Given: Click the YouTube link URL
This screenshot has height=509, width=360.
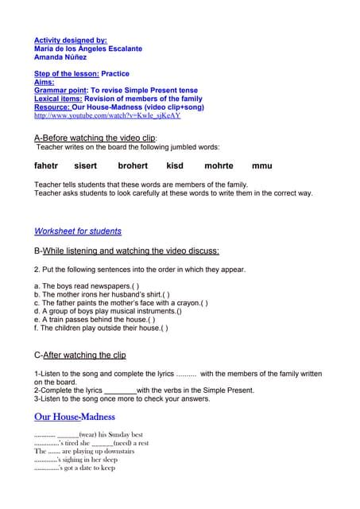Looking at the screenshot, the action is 107,115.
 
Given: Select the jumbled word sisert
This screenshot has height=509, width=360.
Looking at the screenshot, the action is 85,166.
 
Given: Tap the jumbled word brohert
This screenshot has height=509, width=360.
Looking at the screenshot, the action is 133,166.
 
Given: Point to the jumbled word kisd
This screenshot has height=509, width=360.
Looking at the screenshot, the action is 175,166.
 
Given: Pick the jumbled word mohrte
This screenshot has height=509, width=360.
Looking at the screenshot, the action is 219,166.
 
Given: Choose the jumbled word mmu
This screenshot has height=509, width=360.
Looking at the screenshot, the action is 261,166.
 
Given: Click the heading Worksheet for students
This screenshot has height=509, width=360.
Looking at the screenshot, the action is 78,231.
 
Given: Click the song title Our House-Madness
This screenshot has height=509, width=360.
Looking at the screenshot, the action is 75,417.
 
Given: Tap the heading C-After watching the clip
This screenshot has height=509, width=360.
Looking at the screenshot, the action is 79,355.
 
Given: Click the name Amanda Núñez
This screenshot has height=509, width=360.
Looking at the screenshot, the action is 60,57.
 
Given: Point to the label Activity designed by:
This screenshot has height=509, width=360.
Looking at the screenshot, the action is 71,40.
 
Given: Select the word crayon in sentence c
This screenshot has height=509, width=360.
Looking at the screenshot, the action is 182,303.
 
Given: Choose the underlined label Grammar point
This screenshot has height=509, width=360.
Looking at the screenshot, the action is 60,90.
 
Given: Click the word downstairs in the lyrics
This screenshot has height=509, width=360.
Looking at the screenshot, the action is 116,452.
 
